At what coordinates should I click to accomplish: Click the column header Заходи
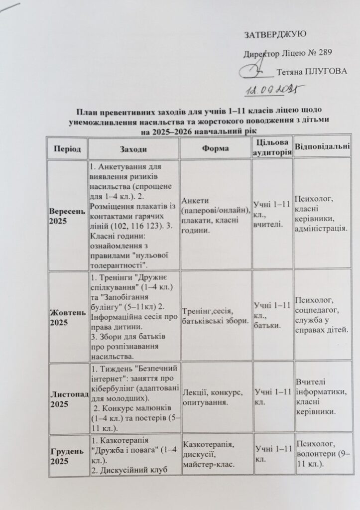click(x=133, y=148)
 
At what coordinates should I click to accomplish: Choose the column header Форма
click(x=216, y=148)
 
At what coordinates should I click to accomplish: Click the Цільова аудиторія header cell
click(x=272, y=148)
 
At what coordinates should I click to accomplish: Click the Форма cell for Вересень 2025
click(x=216, y=215)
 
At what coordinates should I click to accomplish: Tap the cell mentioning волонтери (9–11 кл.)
click(x=321, y=455)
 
